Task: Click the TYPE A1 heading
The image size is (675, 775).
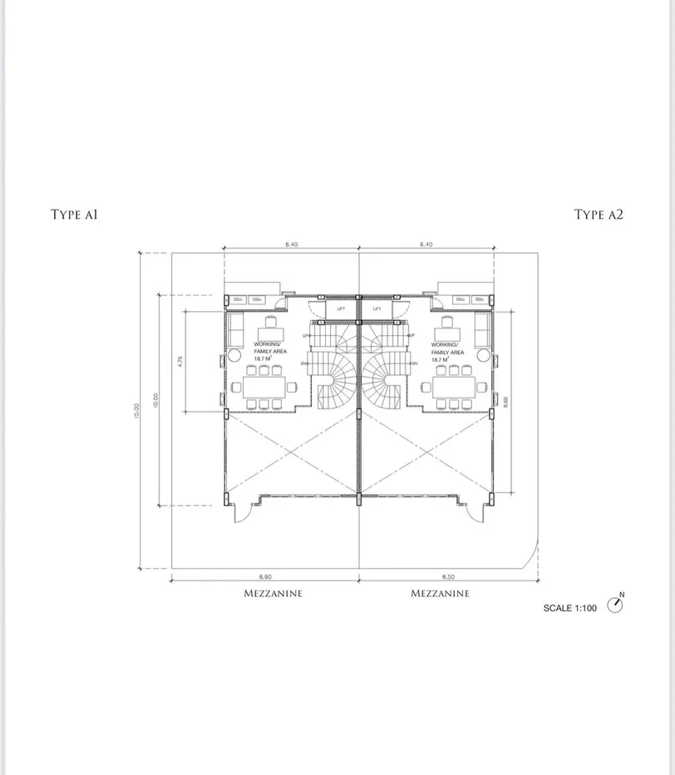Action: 74,215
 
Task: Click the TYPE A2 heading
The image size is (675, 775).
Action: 599,215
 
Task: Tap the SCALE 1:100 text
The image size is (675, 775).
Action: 569,608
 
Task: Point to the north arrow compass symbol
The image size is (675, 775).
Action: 615,605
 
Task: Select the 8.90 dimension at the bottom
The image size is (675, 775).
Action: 265,575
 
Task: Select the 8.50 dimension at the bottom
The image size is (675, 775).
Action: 449,575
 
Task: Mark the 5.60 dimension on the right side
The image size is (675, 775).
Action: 505,401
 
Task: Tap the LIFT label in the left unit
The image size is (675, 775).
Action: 341,309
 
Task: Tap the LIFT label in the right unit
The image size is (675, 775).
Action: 377,309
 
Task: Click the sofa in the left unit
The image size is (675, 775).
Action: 235,330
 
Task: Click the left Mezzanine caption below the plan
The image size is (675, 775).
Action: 273,594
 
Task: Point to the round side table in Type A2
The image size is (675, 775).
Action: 483,354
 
